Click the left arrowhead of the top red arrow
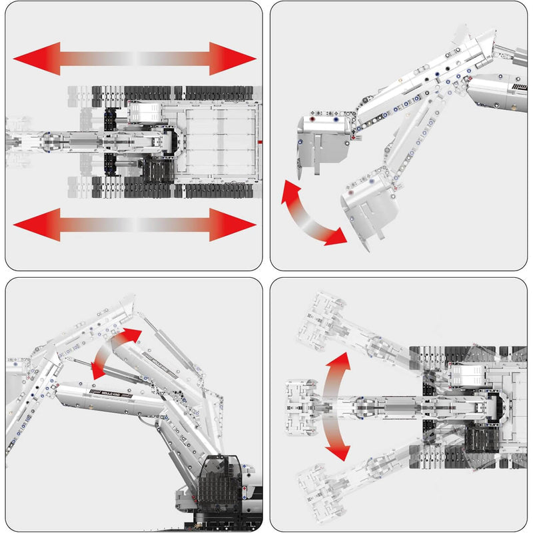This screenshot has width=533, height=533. [x=30, y=59]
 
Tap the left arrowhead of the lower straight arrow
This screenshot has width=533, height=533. [x=30, y=225]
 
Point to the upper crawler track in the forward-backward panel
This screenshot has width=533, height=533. [x=173, y=93]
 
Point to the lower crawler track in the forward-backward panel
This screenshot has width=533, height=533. [x=173, y=191]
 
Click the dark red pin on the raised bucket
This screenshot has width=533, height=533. [x=311, y=121]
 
